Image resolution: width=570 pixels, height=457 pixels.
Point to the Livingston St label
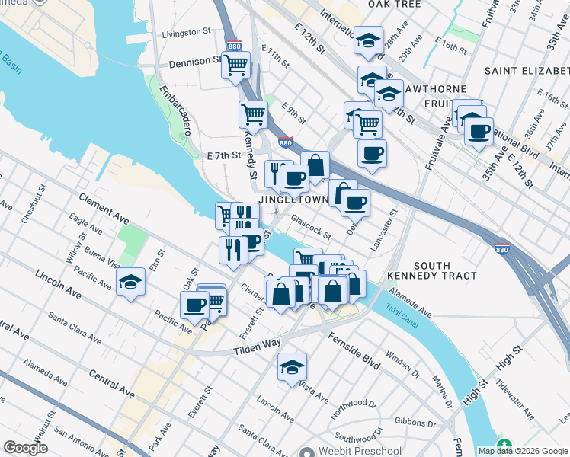pyautogui.click(x=186, y=33)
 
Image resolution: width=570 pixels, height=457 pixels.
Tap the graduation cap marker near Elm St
pyautogui.click(x=131, y=282)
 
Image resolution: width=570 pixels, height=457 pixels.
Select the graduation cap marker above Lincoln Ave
pyautogui.click(x=292, y=368)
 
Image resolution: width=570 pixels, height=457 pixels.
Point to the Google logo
pyautogui.click(x=25, y=448)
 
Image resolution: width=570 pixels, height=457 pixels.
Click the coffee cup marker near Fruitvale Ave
pyautogui.click(x=479, y=131)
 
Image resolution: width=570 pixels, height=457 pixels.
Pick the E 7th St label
pyautogui.click(x=223, y=155)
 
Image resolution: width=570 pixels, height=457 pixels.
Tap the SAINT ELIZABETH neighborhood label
pyautogui.click(x=527, y=71)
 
